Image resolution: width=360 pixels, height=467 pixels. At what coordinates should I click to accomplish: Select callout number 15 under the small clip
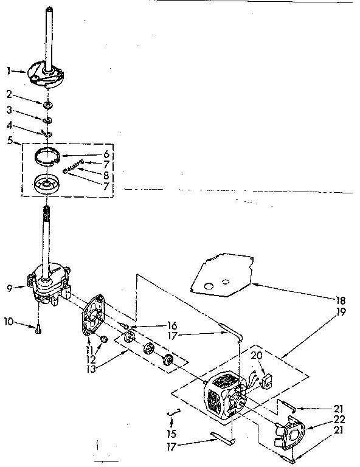click(x=172, y=435)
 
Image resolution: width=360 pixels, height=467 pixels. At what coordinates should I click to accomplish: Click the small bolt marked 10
click(x=39, y=328)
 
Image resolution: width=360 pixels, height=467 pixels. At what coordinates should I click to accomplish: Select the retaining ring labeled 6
click(x=48, y=156)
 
